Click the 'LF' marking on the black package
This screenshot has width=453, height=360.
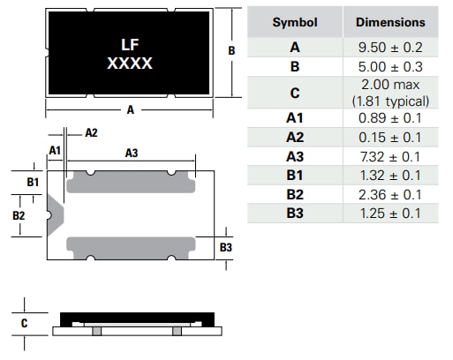point(130,44)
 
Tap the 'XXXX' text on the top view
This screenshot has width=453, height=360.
point(130,64)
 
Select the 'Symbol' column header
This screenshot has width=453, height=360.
point(294,22)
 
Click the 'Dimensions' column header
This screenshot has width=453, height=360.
point(389,22)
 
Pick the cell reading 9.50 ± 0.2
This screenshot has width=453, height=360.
point(389,47)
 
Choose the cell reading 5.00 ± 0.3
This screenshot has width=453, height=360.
point(389,66)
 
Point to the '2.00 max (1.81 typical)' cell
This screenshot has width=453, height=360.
point(389,93)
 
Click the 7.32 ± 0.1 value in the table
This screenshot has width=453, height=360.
point(389,156)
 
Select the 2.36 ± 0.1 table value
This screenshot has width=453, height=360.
point(389,194)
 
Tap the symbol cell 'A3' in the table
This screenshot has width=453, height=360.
point(294,156)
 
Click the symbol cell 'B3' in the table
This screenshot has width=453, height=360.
point(294,214)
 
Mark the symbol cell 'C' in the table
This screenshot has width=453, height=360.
point(294,93)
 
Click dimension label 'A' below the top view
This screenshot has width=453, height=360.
point(131,111)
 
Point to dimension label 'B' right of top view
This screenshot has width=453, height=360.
point(231,51)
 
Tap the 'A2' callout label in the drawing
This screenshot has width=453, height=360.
point(91,132)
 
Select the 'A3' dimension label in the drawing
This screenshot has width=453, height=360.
point(132,153)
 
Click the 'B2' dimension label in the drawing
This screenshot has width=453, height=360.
point(19,214)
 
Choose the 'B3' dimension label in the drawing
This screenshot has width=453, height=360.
point(226,248)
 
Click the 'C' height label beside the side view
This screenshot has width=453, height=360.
point(25,323)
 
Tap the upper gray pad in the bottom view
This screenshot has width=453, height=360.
point(131,181)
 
